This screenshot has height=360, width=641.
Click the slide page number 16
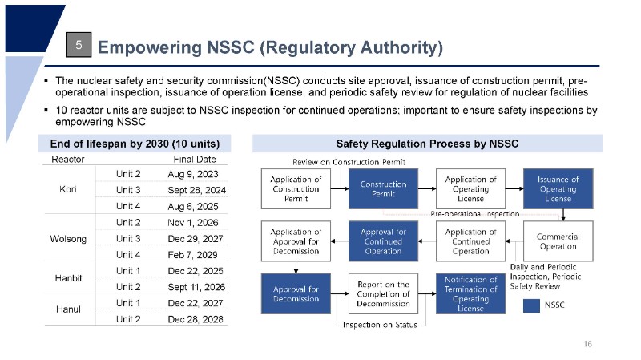pyautogui.click(x=587, y=344)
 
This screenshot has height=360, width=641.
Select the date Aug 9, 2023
pyautogui.click(x=193, y=174)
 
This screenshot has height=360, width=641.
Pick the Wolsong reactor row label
pyautogui.click(x=68, y=239)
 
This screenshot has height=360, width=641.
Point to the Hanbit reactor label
pyautogui.click(x=68, y=278)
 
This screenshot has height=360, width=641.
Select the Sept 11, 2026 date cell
pyautogui.click(x=196, y=287)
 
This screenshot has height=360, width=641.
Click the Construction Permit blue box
pyautogui.click(x=383, y=189)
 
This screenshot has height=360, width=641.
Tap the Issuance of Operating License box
pyautogui.click(x=558, y=188)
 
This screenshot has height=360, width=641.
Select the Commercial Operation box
pyautogui.click(x=558, y=241)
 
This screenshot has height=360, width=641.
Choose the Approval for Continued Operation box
pyautogui.click(x=383, y=241)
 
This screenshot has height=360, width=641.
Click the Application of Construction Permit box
pyautogui.click(x=296, y=189)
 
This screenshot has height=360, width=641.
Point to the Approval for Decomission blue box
pyautogui.click(x=296, y=293)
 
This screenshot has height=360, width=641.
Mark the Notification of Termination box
pyautogui.click(x=470, y=293)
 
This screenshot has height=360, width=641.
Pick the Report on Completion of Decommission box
pyautogui.click(x=383, y=293)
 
